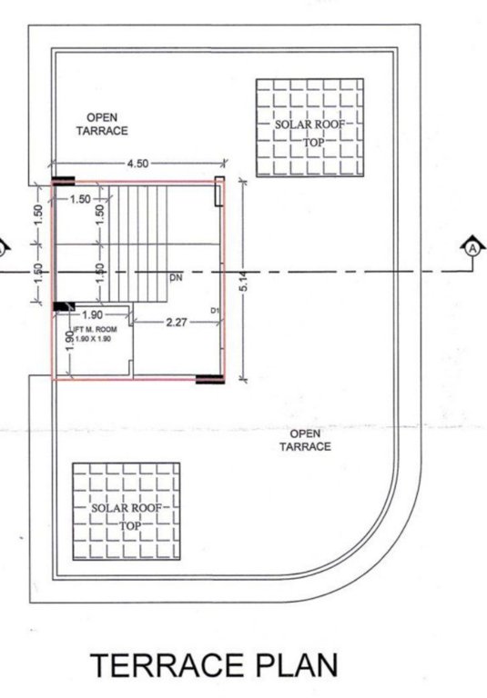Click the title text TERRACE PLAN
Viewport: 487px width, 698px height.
[x=213, y=665]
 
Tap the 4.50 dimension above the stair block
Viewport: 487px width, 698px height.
[x=137, y=163]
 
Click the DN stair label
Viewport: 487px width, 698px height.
[x=176, y=277]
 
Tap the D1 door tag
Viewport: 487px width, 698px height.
[x=216, y=311]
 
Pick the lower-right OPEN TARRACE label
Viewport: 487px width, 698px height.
[x=304, y=440]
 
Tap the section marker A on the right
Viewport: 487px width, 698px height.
[x=472, y=246]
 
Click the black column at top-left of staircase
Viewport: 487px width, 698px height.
[x=63, y=180]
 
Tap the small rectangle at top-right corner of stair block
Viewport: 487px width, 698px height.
[x=218, y=192]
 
